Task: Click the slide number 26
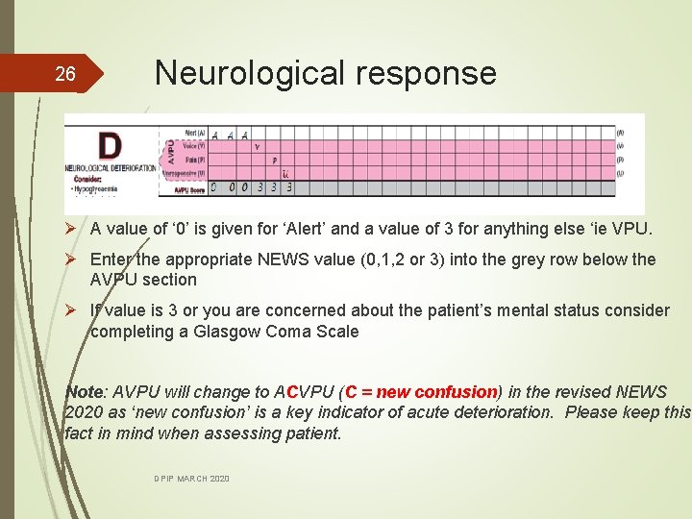(64, 75)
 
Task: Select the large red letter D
(111, 146)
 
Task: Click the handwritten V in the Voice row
(258, 147)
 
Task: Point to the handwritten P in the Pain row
(275, 161)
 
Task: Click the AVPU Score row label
(188, 189)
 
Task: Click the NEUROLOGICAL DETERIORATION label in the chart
(111, 168)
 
